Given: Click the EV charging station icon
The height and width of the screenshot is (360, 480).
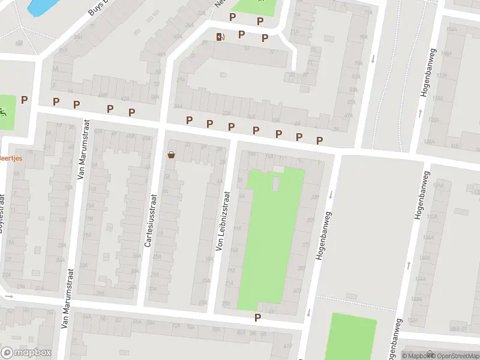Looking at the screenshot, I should pos(221,37).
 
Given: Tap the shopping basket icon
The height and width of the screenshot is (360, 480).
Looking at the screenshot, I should pos(172,155).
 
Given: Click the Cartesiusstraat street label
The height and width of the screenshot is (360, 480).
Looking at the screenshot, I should pos(148,219).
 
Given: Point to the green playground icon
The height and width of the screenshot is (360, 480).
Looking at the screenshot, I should pos(4,111).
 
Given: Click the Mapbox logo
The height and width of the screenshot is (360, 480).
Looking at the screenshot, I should pos(26,352).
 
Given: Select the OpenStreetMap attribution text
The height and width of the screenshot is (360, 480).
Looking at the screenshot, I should pos(454,356).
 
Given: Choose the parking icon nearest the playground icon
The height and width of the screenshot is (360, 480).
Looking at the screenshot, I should pos(25,100).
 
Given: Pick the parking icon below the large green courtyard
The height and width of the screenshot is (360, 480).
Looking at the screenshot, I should pos(258,317).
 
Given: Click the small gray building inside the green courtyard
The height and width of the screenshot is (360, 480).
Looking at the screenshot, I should pos(276,182).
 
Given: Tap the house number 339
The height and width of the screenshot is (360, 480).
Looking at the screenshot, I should pos(315,197).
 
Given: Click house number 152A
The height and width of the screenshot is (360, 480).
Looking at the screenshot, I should pos(428,257).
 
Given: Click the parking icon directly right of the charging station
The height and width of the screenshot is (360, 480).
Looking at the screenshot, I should pos(242,35).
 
